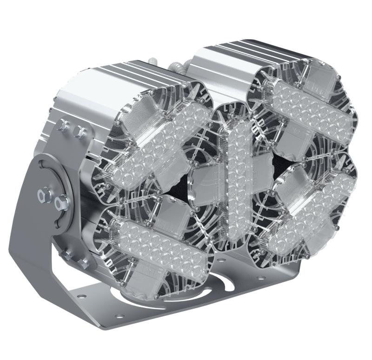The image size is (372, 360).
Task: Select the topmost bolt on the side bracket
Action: (62, 125)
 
